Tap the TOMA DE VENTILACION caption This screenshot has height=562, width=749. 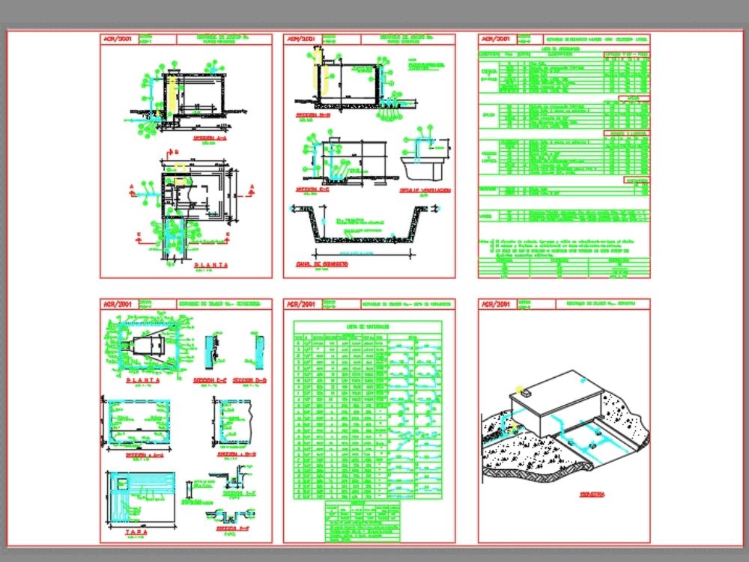pyautogui.click(x=424, y=191)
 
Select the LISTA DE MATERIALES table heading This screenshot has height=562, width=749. pyautogui.click(x=367, y=326)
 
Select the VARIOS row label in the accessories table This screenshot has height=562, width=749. pyautogui.click(x=486, y=216)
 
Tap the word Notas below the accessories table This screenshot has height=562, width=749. pyautogui.click(x=484, y=241)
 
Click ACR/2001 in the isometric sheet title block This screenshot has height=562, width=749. pyautogui.click(x=495, y=305)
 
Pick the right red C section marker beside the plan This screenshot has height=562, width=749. pyautogui.click(x=223, y=241)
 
